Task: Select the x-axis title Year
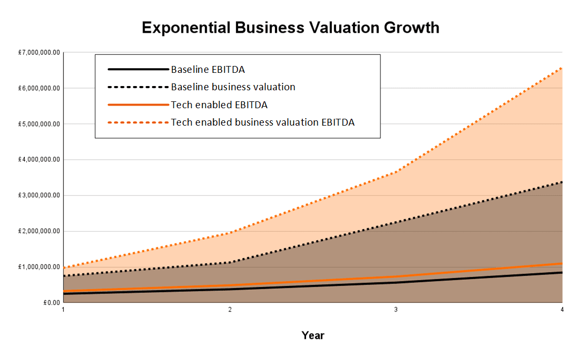click(x=313, y=335)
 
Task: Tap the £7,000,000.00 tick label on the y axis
click(x=40, y=53)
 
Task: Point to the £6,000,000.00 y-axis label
click(x=40, y=88)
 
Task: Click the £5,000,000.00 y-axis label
click(x=40, y=124)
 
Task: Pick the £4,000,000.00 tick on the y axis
click(x=40, y=160)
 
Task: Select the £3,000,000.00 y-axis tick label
click(x=40, y=195)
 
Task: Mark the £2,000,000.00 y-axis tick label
click(x=40, y=231)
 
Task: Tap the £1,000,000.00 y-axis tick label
click(x=40, y=267)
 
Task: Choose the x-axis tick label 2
click(x=230, y=310)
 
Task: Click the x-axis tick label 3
click(x=396, y=310)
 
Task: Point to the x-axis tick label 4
click(x=562, y=310)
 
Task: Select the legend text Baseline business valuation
click(x=233, y=87)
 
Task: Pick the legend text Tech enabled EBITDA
click(x=219, y=105)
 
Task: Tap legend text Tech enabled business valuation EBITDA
click(x=262, y=122)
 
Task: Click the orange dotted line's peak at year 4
click(x=561, y=68)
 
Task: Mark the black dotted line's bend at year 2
click(x=230, y=262)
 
